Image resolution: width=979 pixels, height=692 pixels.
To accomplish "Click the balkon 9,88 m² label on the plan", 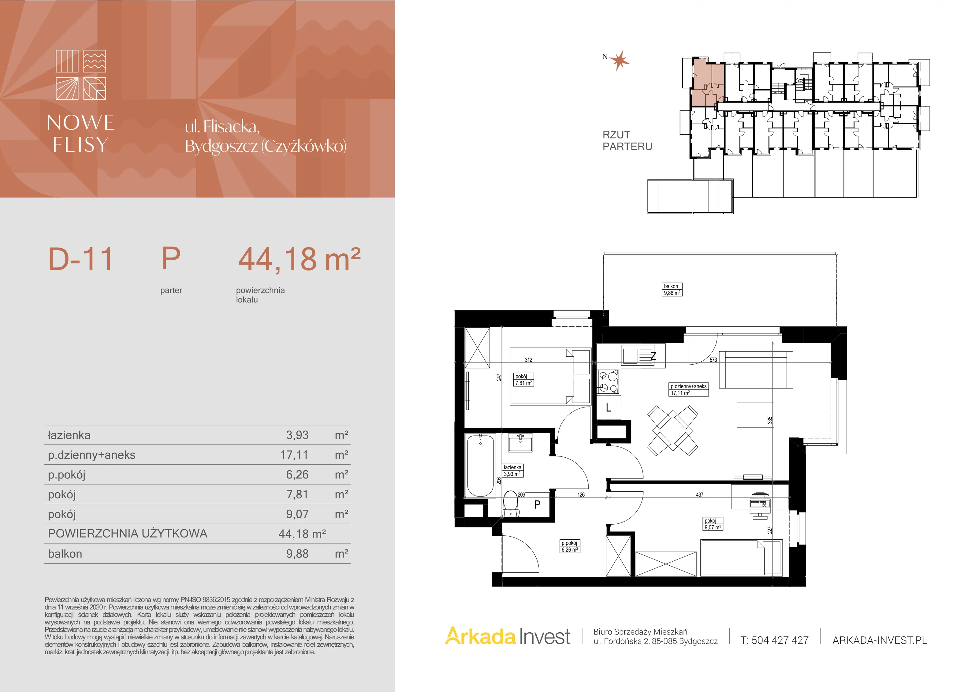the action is (672, 289).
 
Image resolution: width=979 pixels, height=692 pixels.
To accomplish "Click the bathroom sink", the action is (520, 443).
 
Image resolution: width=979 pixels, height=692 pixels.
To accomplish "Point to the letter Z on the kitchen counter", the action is (653, 356).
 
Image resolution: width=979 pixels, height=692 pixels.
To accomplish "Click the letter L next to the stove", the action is (609, 407).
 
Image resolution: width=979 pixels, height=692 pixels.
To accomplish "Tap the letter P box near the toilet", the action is (537, 504).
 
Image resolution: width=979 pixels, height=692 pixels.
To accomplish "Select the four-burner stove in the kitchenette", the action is (609, 381).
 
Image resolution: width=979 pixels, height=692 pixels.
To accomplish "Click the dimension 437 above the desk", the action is (700, 495).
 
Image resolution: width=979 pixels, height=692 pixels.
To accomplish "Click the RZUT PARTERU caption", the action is (627, 141).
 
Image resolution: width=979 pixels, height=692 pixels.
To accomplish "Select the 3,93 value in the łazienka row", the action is (297, 435).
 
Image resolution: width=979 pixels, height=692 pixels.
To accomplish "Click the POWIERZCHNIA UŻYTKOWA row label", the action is (128, 534).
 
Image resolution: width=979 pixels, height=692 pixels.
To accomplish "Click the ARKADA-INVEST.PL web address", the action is (880, 640).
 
